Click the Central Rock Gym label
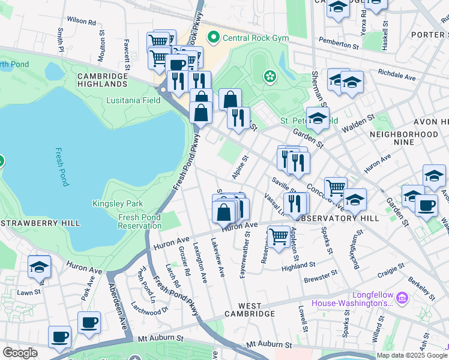[x=256, y=38]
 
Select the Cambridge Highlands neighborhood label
[x=102, y=81]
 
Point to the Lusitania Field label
[x=133, y=100]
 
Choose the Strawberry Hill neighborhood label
[x=40, y=223]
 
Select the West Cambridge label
[x=250, y=309]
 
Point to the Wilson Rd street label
[x=82, y=21]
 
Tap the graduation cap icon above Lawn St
[x=40, y=267]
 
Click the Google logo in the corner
[x=20, y=353]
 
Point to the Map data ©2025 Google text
[x=411, y=355]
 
